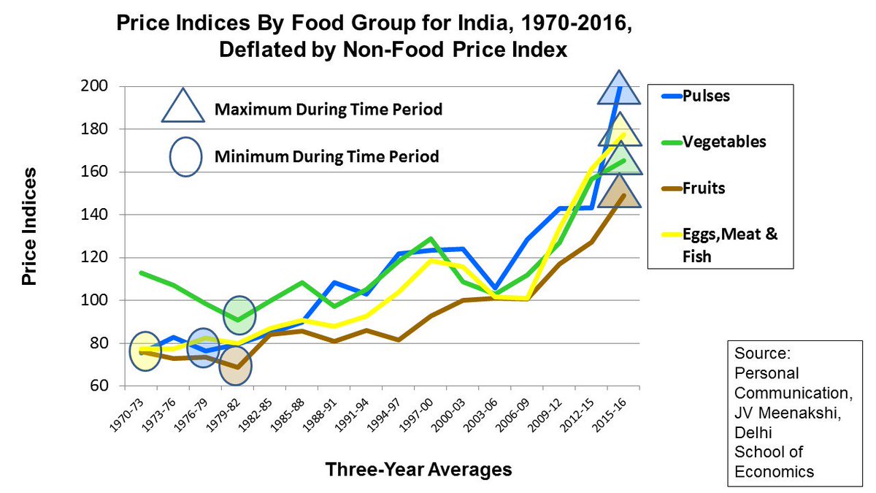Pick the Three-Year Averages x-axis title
[x=418, y=469]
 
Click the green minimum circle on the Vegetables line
[x=239, y=315]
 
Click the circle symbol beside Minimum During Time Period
[x=185, y=156]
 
